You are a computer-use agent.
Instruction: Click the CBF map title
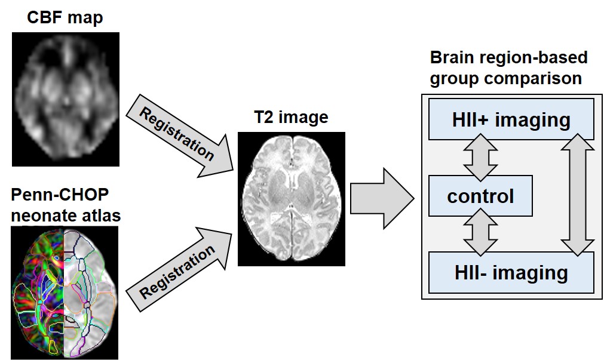pos(65,17)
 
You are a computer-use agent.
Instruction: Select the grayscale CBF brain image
pos(65,99)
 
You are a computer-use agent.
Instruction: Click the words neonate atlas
pos(66,215)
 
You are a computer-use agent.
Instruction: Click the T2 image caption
pos(291,117)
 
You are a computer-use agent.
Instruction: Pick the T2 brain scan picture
pos(291,198)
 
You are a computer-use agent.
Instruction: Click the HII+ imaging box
pos(511,119)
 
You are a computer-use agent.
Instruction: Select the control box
pos(480,196)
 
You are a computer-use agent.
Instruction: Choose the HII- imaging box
pos(511,273)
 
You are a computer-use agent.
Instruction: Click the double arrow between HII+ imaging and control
pos(481,157)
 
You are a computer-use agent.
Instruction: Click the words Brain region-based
pos(508,58)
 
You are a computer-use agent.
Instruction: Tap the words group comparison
pos(505,78)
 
